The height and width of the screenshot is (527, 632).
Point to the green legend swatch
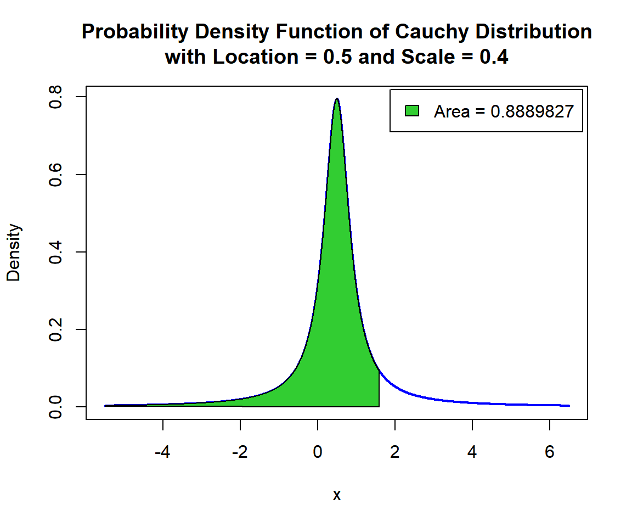[x=412, y=111]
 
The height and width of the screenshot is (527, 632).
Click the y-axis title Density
[x=14, y=253]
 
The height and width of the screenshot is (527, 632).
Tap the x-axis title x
[x=337, y=495]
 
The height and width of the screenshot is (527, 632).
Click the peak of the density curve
[x=337, y=99]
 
